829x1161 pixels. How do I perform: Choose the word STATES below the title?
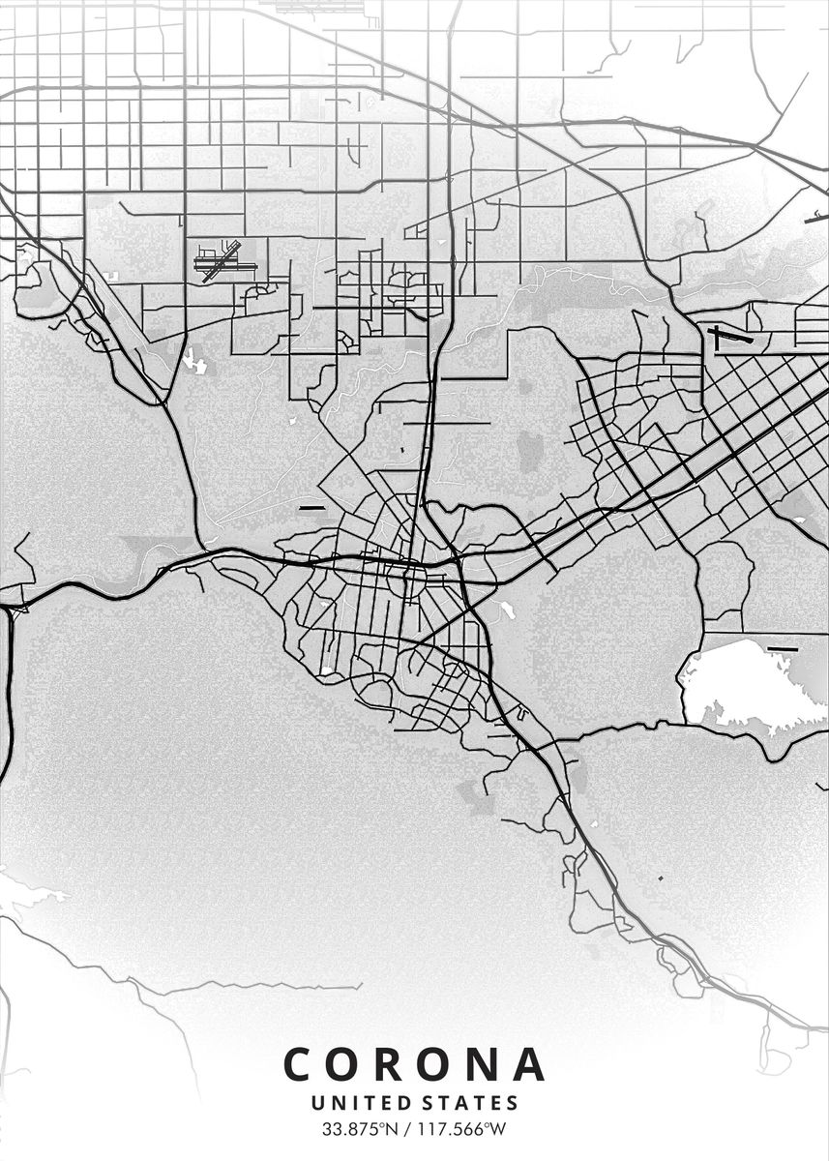pos(471,1103)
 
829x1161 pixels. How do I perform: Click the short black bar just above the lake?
pos(782,648)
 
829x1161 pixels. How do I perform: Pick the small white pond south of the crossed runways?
pos(194,362)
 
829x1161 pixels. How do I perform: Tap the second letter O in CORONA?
pos(438,1064)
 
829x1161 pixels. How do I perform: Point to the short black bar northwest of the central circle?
pos(311,507)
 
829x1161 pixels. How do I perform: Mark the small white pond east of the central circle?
pos(504,610)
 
